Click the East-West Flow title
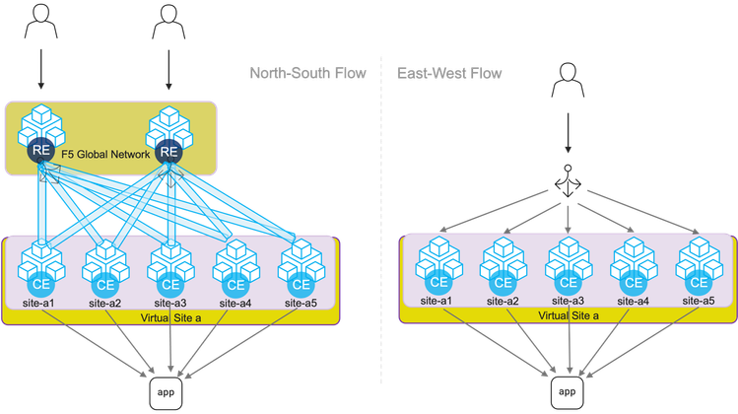tap(450, 74)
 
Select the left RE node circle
tap(40, 152)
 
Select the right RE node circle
tap(168, 152)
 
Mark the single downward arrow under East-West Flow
tap(568, 133)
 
